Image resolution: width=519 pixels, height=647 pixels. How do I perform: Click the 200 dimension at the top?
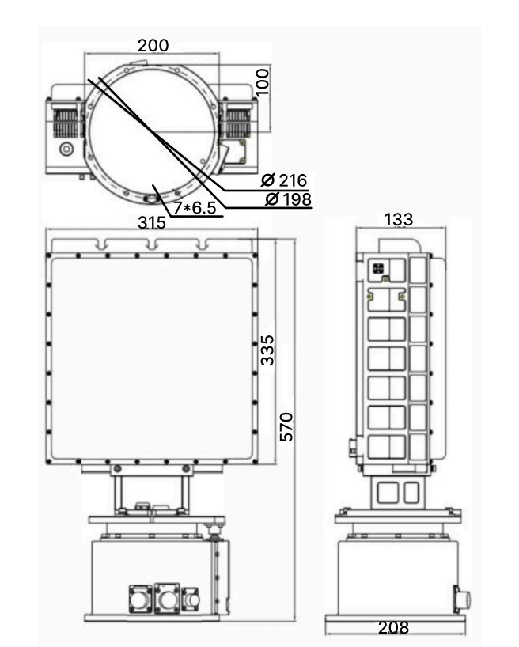click(x=153, y=45)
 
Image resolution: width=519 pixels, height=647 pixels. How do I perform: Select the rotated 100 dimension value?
click(x=263, y=81)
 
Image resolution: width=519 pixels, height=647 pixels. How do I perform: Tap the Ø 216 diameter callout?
click(x=285, y=180)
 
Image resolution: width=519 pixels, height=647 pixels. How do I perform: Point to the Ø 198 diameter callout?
click(x=288, y=199)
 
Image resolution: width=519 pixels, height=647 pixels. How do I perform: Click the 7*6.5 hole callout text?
click(x=195, y=207)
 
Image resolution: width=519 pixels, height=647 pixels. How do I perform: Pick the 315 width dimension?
click(x=152, y=223)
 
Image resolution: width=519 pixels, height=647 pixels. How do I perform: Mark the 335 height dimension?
click(x=267, y=350)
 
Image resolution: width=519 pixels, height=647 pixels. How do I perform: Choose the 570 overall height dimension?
click(x=286, y=426)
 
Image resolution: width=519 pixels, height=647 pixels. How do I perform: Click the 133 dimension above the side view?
click(x=399, y=220)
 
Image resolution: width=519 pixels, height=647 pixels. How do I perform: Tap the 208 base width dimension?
click(x=393, y=627)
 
